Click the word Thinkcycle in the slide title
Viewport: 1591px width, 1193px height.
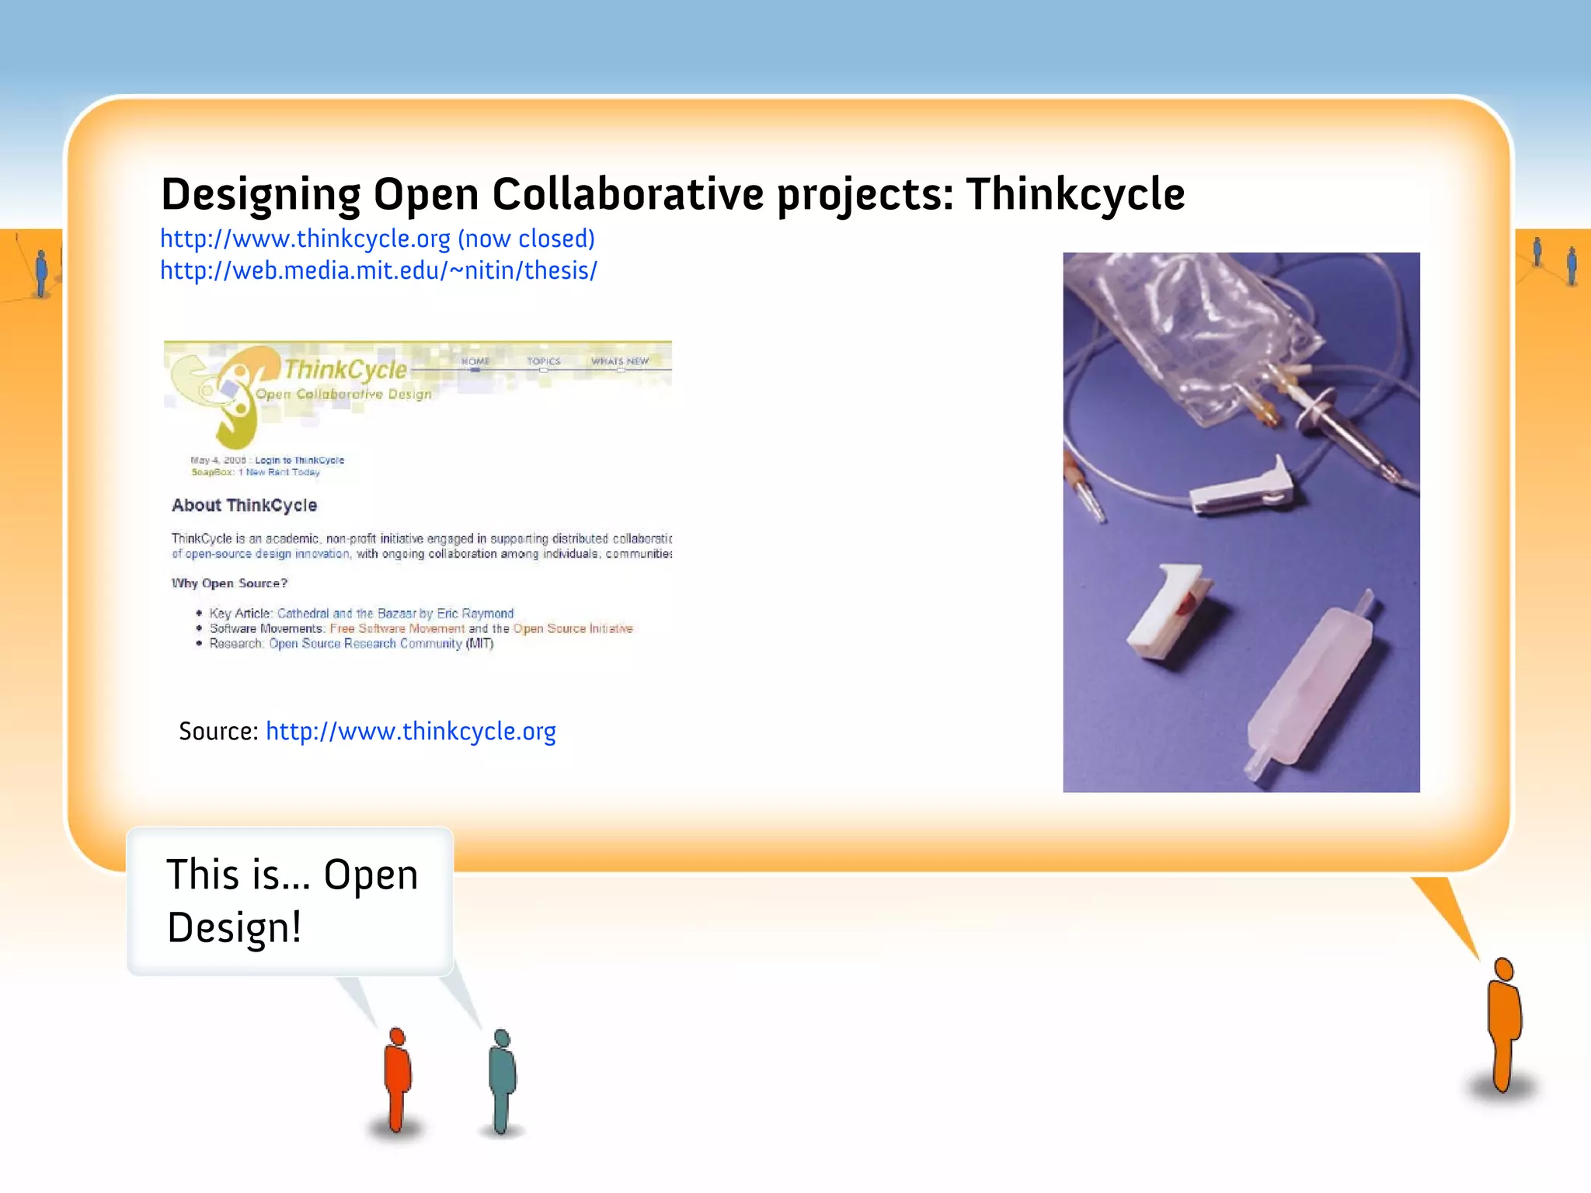click(1075, 194)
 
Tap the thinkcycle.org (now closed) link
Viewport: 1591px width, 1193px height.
click(377, 238)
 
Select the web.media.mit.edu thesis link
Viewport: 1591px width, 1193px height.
click(378, 270)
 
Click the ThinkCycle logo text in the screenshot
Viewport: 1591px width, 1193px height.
click(345, 370)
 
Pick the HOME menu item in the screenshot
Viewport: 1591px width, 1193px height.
click(475, 361)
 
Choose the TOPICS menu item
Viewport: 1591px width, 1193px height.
click(543, 361)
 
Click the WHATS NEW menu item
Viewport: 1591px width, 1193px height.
click(620, 361)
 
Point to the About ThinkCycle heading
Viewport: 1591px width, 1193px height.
click(244, 506)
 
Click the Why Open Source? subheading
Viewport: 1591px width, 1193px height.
click(229, 583)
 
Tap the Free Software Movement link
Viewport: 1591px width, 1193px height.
click(397, 628)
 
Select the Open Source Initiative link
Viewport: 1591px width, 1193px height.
click(573, 628)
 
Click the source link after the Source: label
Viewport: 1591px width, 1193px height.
click(410, 732)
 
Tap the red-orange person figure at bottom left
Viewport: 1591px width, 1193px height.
click(398, 1079)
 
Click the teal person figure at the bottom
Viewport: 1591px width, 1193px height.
click(502, 1080)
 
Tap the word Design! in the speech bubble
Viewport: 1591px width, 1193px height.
click(234, 927)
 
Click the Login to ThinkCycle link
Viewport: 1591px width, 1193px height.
click(299, 460)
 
